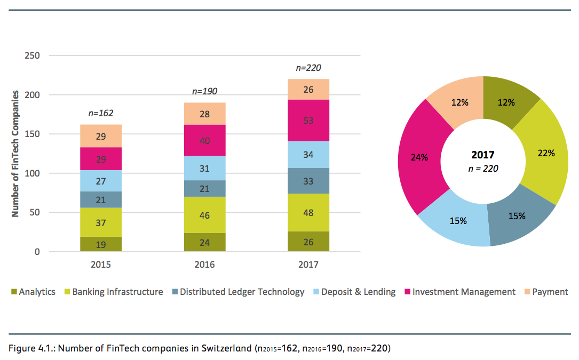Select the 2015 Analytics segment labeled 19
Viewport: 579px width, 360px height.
tap(101, 245)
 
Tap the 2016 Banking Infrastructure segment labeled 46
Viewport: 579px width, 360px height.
tap(204, 215)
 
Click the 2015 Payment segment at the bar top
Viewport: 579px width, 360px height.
tap(101, 137)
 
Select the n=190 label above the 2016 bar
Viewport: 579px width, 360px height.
tap(204, 91)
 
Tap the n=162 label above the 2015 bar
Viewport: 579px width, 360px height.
tap(101, 113)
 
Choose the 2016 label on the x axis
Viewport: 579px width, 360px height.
tap(204, 264)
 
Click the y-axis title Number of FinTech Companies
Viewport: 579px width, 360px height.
tap(15, 154)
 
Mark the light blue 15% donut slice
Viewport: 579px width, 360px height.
tap(458, 220)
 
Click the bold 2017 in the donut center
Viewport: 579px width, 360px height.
tap(483, 155)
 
